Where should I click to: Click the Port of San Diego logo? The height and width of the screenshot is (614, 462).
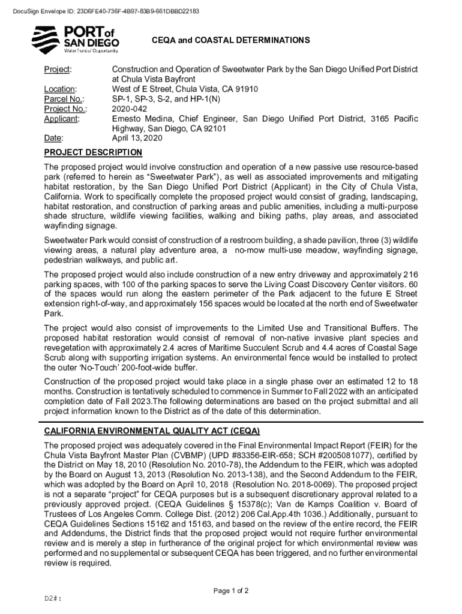coord(75,40)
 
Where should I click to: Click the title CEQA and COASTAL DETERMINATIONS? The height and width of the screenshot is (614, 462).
coord(230,41)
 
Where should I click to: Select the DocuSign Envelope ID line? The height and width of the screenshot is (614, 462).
coord(101,11)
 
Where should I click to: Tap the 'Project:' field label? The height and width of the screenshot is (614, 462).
coord(58,70)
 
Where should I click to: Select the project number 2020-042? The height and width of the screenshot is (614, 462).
coord(129,109)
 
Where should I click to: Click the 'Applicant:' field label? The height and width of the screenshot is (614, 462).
coord(62,119)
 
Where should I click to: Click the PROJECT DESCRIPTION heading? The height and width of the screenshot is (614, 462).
coord(94,153)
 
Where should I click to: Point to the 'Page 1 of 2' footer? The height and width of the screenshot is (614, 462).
coord(231,591)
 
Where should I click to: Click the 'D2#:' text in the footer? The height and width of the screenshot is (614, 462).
coord(54,598)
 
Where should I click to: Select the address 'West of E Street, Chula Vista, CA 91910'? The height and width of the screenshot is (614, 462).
coord(185,89)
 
